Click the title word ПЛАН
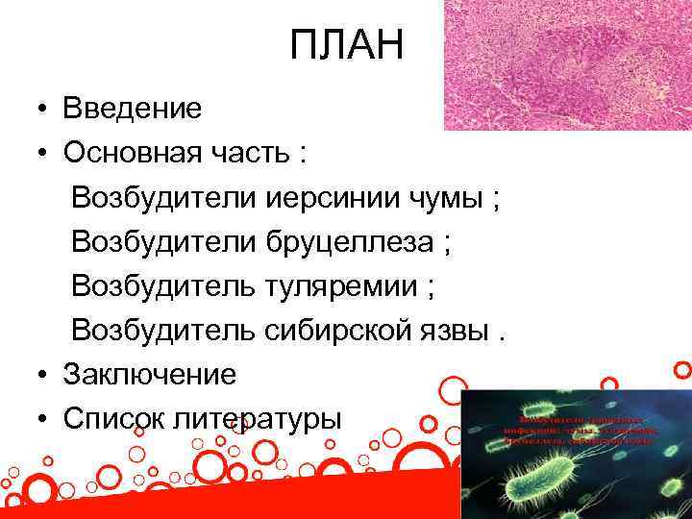click(x=349, y=45)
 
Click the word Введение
click(x=133, y=109)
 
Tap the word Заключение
click(x=150, y=373)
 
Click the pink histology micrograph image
click(x=567, y=64)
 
